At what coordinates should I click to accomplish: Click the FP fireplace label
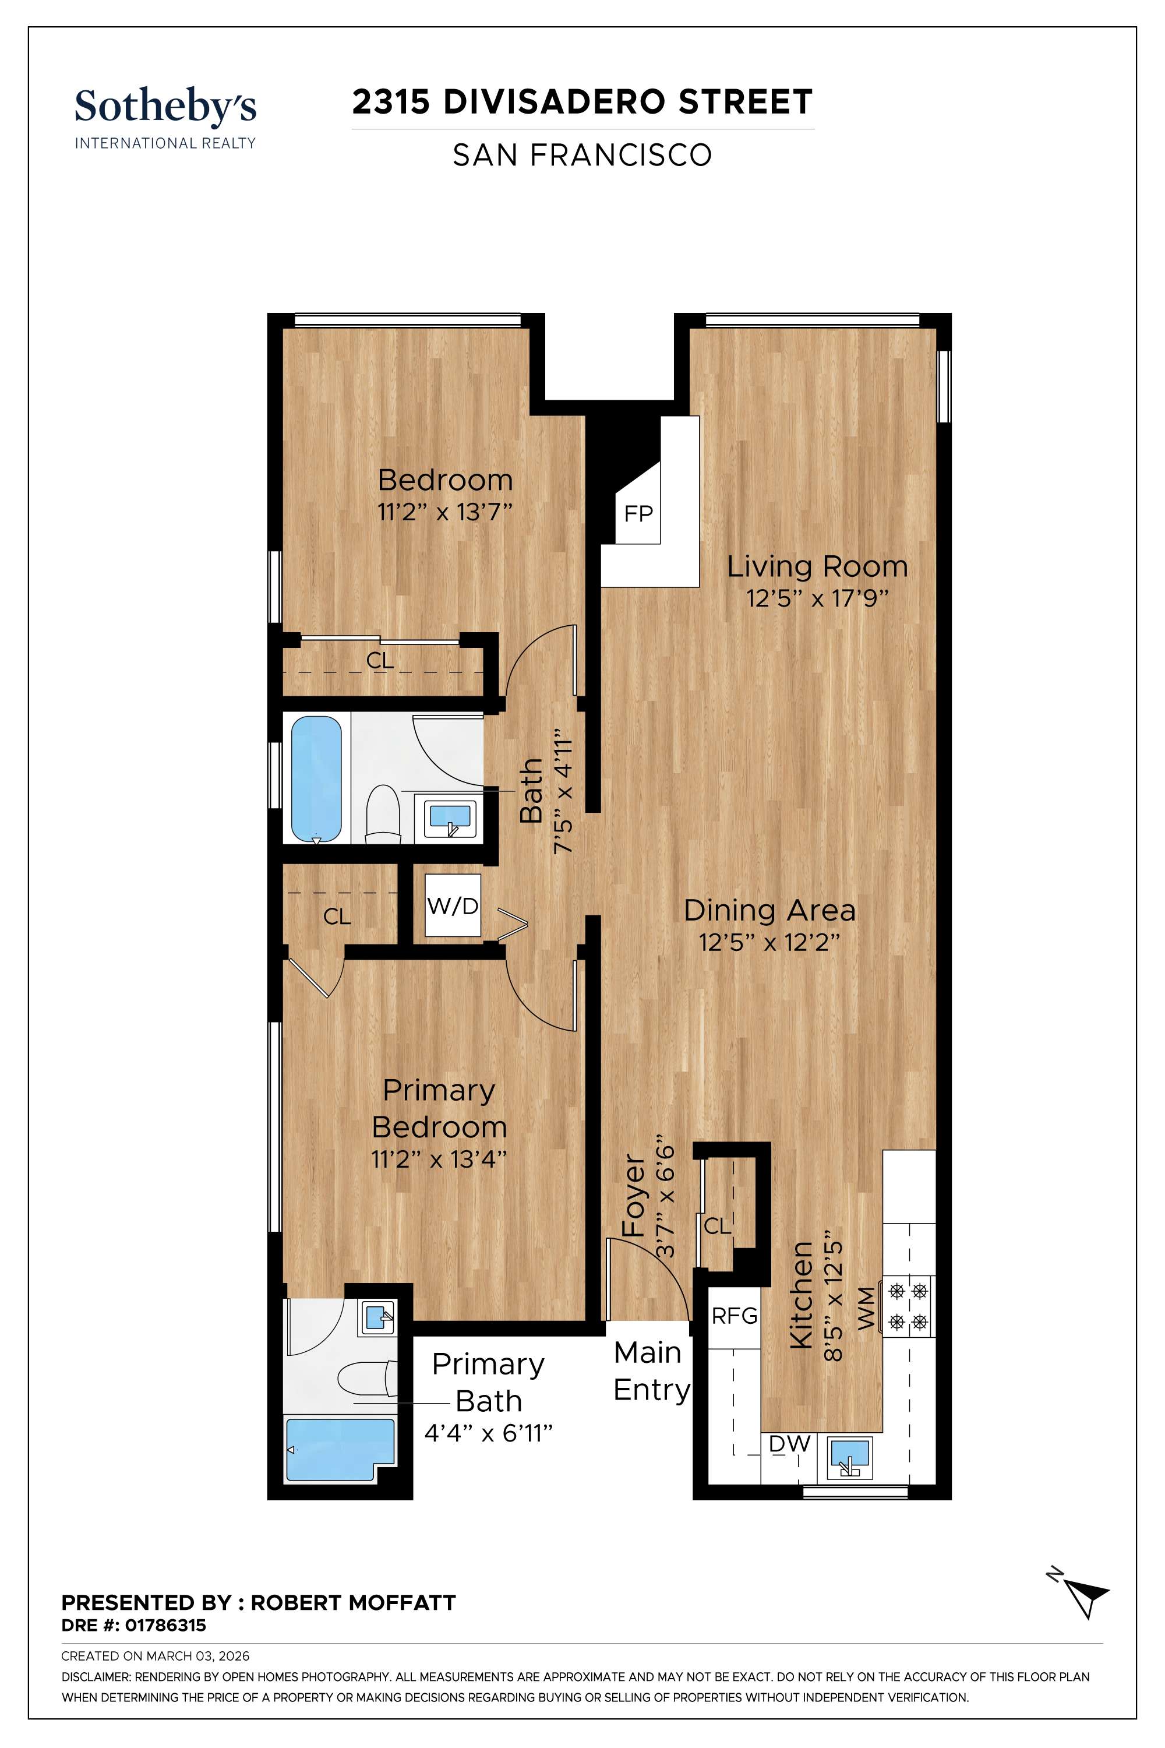638,513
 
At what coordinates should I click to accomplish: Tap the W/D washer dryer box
453,905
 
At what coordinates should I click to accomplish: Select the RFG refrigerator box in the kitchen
734,1316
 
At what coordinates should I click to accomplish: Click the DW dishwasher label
789,1444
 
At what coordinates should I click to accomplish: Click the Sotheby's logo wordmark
165,106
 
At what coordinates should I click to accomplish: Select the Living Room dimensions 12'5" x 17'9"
817,599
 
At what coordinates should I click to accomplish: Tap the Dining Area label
769,910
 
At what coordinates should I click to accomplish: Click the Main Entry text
651,1371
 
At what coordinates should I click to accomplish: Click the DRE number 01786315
165,1626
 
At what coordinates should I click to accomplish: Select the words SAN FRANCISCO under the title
582,156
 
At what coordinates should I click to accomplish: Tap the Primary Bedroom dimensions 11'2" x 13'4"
439,1159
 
